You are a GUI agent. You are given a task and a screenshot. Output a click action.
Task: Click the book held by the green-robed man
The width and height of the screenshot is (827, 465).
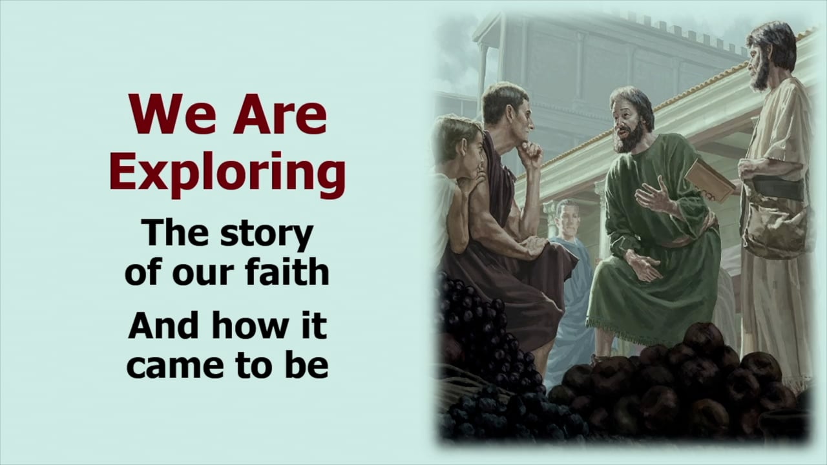(x=709, y=179)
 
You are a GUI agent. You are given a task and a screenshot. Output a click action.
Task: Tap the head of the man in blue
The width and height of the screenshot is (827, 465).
(x=567, y=216)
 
